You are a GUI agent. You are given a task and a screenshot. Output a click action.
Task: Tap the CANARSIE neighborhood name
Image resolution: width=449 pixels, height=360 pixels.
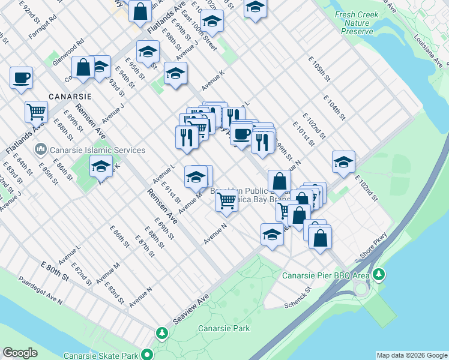tap(70, 96)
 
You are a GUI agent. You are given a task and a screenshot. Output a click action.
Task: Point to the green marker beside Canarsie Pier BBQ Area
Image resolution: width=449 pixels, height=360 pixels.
tap(378, 275)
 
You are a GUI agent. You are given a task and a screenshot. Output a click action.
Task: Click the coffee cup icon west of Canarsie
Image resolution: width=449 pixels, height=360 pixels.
tap(21, 77)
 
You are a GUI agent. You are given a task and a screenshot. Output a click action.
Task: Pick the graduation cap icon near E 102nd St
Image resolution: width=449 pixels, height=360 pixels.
tap(343, 162)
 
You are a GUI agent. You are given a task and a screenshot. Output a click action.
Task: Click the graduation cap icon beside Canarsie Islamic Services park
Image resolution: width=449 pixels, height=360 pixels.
tap(101, 166)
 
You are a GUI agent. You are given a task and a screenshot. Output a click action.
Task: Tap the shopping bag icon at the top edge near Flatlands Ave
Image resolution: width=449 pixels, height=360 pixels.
tap(140, 11)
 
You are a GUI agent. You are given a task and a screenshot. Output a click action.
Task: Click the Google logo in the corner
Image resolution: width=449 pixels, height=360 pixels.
tap(20, 353)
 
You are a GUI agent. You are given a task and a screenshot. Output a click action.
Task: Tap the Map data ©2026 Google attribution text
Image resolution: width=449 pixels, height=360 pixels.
tap(411, 355)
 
